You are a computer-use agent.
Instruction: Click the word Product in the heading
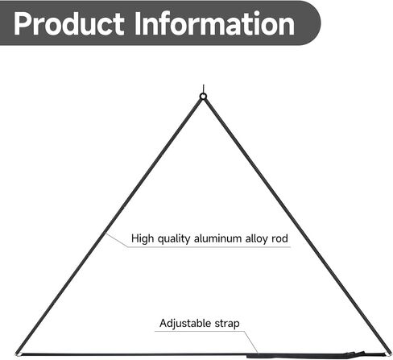pyautogui.click(x=68, y=24)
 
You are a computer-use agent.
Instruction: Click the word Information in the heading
pyautogui.click(x=214, y=23)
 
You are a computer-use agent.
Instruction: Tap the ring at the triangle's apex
pyautogui.click(x=203, y=97)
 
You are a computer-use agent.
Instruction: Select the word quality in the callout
pyautogui.click(x=174, y=238)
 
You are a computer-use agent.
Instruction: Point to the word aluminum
pyautogui.click(x=217, y=238)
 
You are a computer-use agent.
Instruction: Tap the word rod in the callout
pyautogui.click(x=279, y=238)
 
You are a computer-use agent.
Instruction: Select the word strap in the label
pyautogui.click(x=227, y=324)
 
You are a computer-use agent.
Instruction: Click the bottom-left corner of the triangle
pyautogui.click(x=17, y=354)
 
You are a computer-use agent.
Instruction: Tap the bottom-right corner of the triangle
pyautogui.click(x=388, y=354)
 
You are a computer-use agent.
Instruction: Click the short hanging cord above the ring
pyautogui.click(x=204, y=89)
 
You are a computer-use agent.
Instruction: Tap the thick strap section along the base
pyautogui.click(x=296, y=356)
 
